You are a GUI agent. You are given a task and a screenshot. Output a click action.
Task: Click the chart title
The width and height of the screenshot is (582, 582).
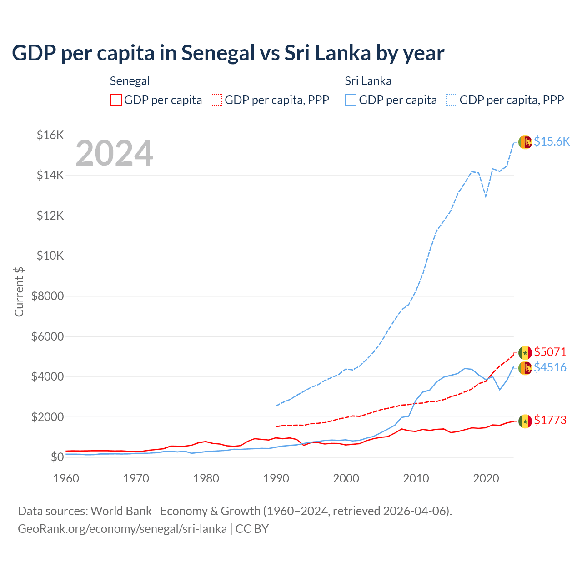228,53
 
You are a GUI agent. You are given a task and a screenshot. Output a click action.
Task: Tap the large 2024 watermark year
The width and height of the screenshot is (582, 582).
114,154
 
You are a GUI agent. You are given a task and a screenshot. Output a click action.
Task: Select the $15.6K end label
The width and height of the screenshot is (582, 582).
552,141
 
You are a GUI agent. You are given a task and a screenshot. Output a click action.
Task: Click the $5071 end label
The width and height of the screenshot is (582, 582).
550,352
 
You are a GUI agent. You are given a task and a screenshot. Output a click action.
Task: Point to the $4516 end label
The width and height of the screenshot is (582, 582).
550,367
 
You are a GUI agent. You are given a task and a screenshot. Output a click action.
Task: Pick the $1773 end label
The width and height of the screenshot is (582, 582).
550,420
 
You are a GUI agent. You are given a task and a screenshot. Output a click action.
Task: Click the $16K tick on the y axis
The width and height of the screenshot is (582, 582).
50,135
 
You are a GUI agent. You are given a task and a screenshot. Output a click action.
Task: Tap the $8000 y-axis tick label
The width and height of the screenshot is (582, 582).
47,296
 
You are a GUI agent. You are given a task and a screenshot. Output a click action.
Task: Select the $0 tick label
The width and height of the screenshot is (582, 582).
57,457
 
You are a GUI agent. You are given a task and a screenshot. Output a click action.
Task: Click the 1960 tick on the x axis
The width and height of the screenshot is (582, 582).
66,478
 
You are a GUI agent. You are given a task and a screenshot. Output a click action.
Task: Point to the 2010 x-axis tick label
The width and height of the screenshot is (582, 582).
416,478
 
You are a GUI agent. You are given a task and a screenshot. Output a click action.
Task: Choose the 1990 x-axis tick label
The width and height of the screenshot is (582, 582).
276,478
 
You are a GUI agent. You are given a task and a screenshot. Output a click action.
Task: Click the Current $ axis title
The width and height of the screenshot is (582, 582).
19,291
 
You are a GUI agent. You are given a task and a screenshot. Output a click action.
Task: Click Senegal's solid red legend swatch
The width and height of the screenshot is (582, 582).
116,100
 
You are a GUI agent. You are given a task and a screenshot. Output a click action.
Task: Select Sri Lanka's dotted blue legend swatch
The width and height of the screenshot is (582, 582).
452,100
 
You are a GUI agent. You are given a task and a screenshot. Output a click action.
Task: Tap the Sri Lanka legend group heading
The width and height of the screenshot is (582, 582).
368,81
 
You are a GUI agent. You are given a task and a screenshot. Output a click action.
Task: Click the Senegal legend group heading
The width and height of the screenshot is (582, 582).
130,81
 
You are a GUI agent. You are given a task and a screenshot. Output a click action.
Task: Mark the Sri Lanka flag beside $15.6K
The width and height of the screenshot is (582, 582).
525,142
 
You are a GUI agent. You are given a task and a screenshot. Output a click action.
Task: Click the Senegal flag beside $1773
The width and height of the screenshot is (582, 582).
525,421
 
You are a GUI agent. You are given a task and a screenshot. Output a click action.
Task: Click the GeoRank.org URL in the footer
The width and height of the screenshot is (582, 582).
122,529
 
